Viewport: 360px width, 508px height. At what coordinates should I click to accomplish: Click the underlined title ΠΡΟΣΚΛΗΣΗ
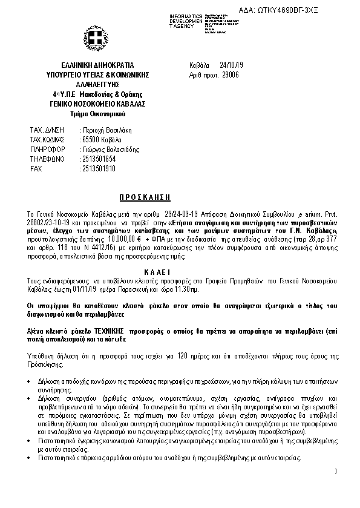point(143,197)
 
